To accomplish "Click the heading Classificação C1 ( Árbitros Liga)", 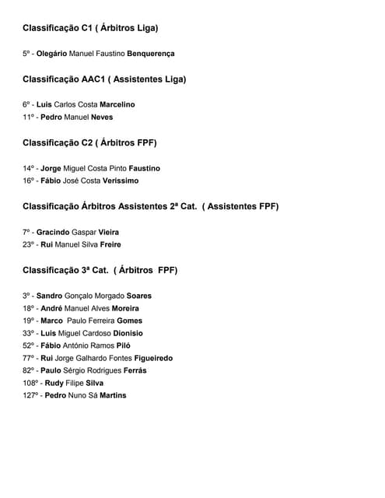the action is [90, 28].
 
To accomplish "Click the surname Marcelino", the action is [117, 104].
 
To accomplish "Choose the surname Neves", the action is [101, 117].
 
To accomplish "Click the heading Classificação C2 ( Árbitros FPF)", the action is [89, 142].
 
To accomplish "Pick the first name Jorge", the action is [51, 168].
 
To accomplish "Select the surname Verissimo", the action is [121, 181].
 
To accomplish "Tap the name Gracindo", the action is [52, 232].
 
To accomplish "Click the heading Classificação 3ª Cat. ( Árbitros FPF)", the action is [100, 270].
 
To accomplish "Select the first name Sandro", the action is [49, 296].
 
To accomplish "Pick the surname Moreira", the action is [125, 308].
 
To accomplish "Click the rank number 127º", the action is [31, 395].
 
